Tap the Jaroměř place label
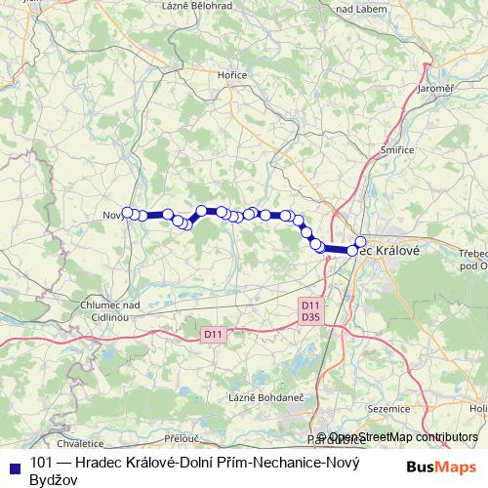coord(435,89)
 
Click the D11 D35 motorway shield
coord(310,310)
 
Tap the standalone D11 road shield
coord(214,334)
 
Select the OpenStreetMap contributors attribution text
coord(403,437)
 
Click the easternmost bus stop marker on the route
coord(360,242)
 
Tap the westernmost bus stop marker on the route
coord(127,212)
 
